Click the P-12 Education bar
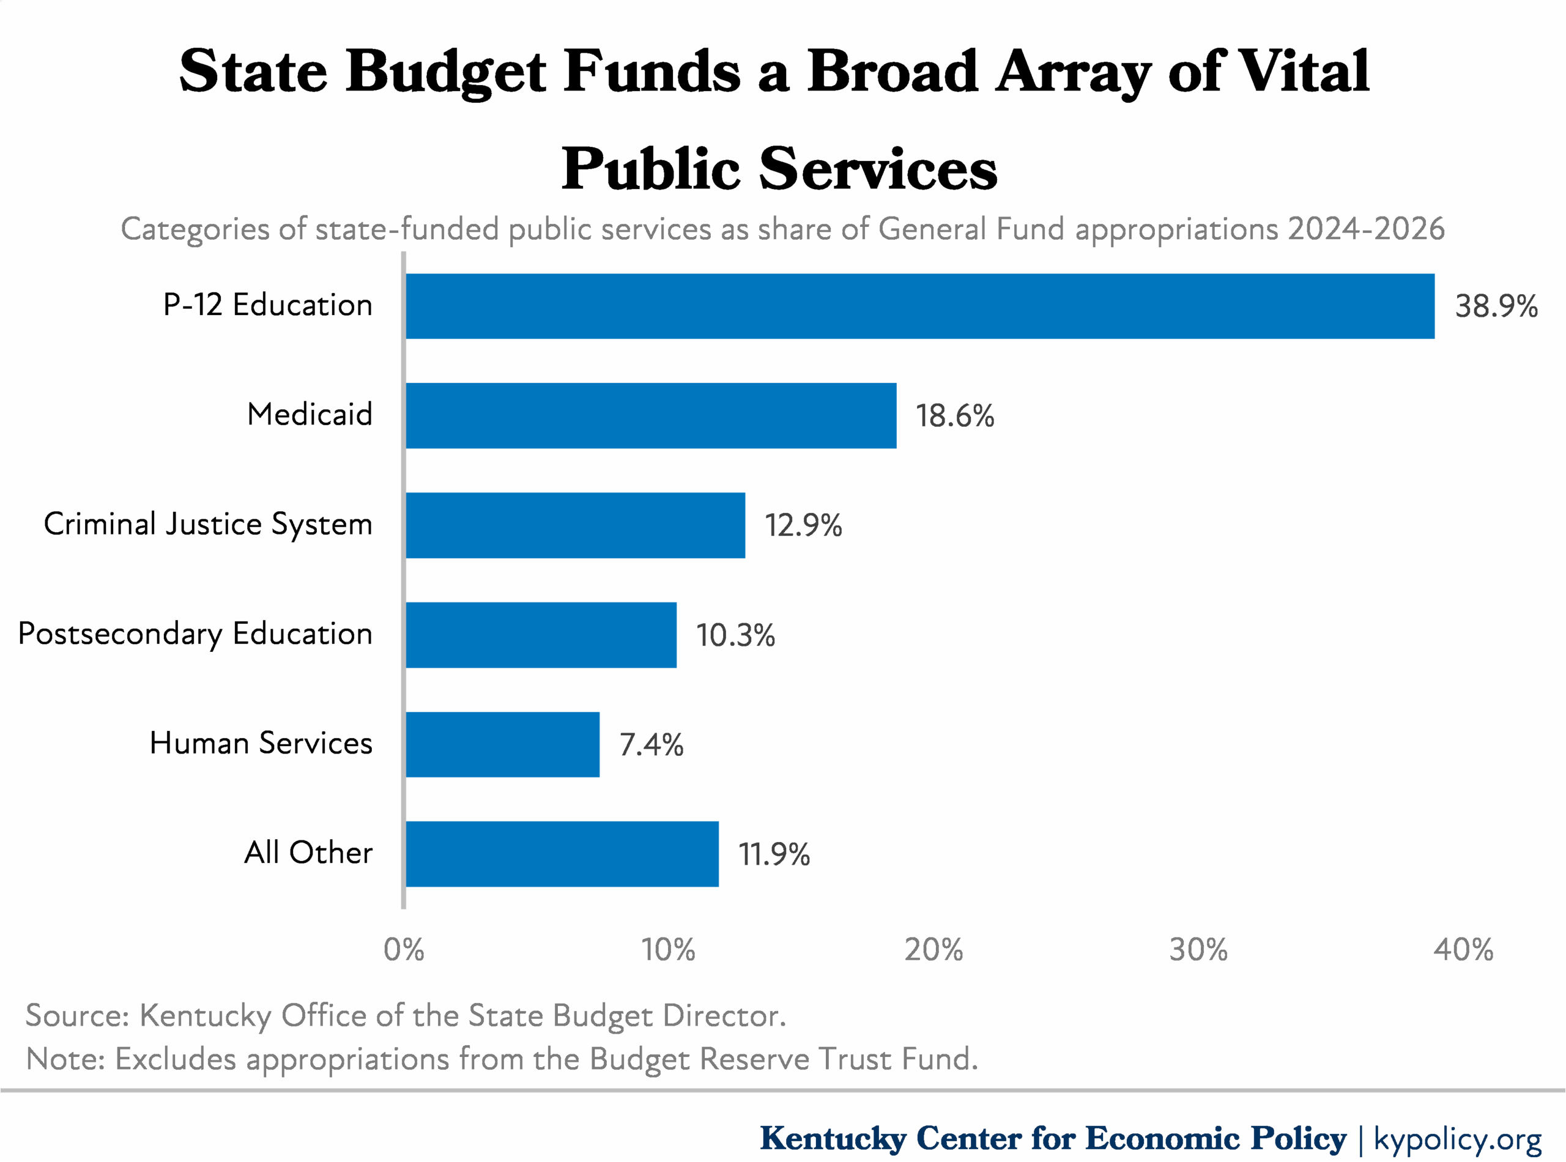(x=919, y=306)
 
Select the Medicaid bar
(x=651, y=416)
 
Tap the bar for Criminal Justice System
(x=575, y=525)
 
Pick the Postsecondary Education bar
(x=540, y=635)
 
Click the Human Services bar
(x=502, y=744)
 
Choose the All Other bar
(x=562, y=854)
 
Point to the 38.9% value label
(x=1496, y=306)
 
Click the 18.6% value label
(x=954, y=416)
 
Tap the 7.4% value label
(x=651, y=745)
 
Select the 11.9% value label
(x=773, y=854)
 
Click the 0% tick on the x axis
(x=404, y=950)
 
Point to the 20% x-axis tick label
(x=933, y=950)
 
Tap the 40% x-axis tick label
(x=1463, y=950)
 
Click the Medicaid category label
(x=310, y=414)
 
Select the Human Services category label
(x=261, y=744)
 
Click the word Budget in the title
(x=445, y=72)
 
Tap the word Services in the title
(x=877, y=169)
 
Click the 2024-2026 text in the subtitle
(x=1365, y=229)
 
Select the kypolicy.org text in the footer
(x=1457, y=1138)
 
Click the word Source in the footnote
(x=76, y=1016)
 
